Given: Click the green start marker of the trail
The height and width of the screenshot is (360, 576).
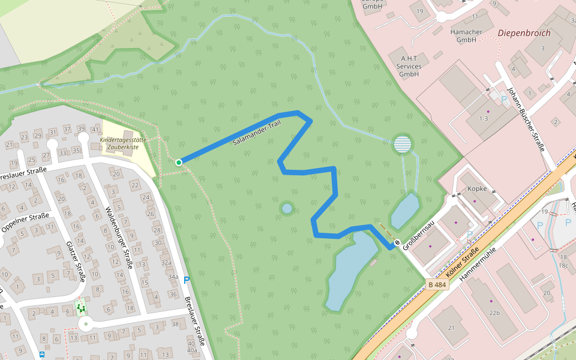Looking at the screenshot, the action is [x=179, y=163].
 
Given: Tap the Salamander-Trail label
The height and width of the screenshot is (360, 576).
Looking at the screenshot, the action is [x=256, y=133].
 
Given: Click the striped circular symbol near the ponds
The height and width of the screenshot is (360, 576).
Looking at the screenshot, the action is [x=403, y=144].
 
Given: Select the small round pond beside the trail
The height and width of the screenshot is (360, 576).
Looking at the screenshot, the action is [x=287, y=208].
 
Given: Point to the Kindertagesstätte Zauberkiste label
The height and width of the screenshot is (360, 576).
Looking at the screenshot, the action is [x=123, y=143].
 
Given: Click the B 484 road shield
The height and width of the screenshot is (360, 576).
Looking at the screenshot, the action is [x=438, y=284].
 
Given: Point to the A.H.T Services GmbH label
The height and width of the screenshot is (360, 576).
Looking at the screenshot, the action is [x=410, y=66].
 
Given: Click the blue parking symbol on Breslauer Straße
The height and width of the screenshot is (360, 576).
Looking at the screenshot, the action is [x=187, y=280].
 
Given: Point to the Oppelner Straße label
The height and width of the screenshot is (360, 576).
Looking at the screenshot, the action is [x=25, y=220].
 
